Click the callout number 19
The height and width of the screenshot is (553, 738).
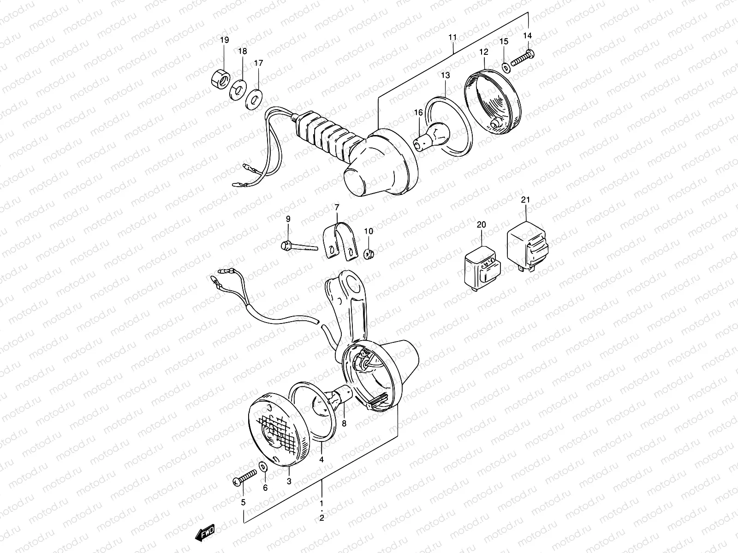click(x=224, y=41)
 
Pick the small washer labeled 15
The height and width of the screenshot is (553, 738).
click(x=506, y=68)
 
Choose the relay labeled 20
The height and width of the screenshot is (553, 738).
click(x=482, y=267)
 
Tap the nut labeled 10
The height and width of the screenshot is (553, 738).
click(x=369, y=253)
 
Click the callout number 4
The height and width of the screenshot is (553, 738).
click(x=321, y=459)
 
